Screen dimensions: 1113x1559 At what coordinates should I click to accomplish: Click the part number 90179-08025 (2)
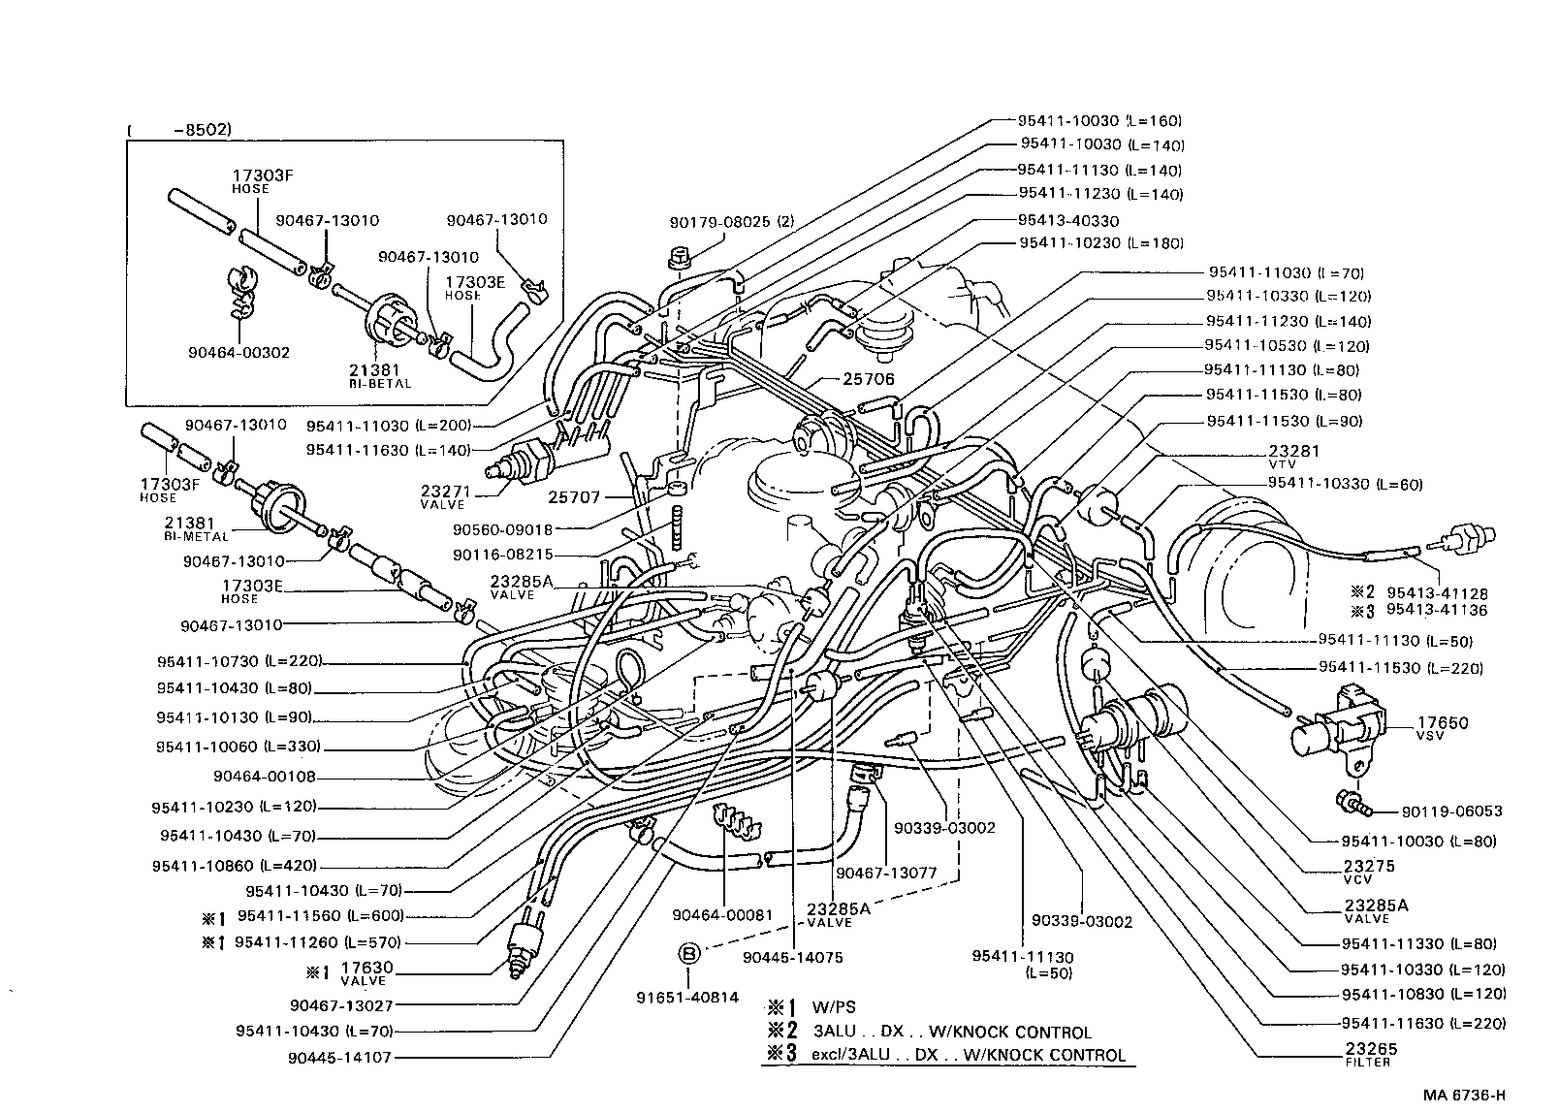[x=732, y=222]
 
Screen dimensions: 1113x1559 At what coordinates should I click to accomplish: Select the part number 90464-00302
[x=239, y=352]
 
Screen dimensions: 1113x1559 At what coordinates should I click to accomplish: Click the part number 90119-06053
[x=1450, y=811]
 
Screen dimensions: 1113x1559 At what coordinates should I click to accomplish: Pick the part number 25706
[x=870, y=379]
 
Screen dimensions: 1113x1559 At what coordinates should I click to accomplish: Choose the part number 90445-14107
[x=338, y=1058]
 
